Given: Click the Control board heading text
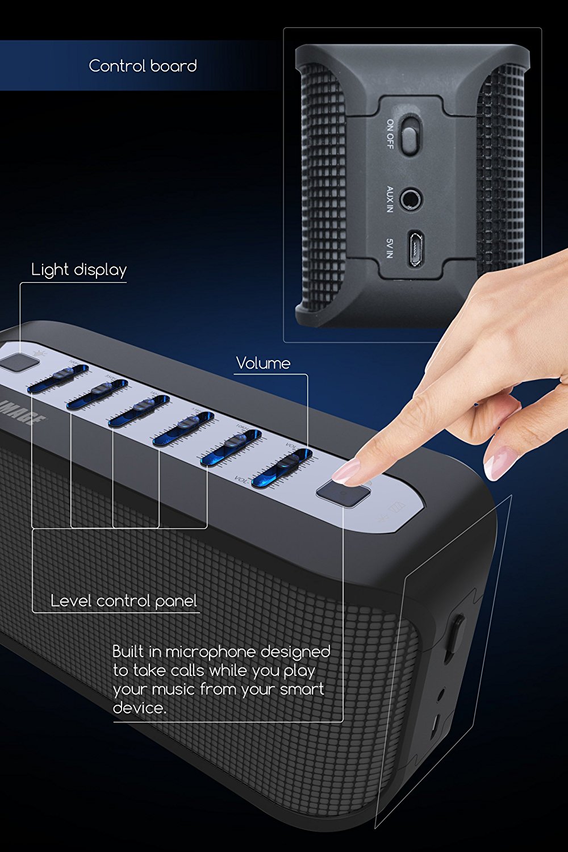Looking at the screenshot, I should [x=143, y=66].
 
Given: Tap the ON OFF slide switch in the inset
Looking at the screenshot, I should [x=409, y=134].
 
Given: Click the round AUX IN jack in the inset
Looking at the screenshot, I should [x=410, y=199].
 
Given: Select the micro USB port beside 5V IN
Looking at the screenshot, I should [x=415, y=248].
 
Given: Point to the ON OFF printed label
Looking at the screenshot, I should [x=390, y=134].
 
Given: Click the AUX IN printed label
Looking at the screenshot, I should [x=390, y=199].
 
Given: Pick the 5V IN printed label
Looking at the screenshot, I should [x=390, y=248].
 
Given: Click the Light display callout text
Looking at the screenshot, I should [x=79, y=270].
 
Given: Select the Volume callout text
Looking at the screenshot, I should [x=263, y=364].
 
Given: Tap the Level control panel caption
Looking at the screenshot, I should [x=123, y=601].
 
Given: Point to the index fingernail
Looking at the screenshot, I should [x=346, y=471].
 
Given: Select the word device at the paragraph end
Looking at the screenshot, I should [x=139, y=708].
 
